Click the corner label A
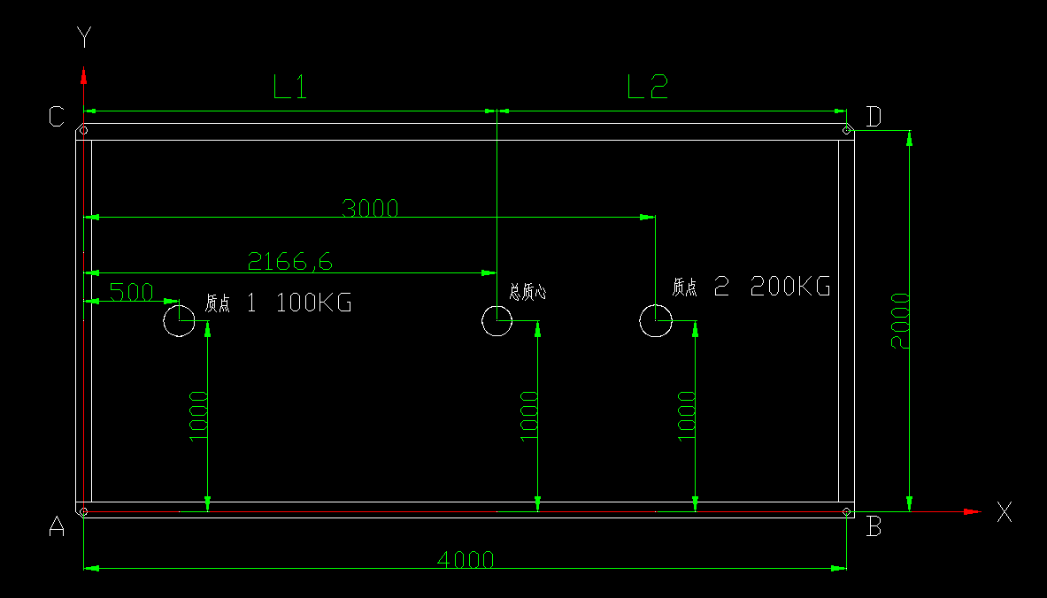[58, 527]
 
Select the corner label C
[57, 117]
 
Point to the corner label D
[874, 117]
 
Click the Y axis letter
[84, 37]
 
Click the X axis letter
[1005, 511]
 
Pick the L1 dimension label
[289, 87]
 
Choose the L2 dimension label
[647, 87]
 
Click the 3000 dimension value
[371, 209]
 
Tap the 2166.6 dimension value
[290, 261]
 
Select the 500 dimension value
[131, 292]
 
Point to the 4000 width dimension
[466, 559]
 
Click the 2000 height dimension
[900, 320]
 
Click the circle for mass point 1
[180, 321]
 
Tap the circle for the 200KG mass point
[656, 321]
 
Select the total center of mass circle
[497, 320]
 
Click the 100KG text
[314, 303]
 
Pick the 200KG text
[789, 287]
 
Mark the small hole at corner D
[847, 132]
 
